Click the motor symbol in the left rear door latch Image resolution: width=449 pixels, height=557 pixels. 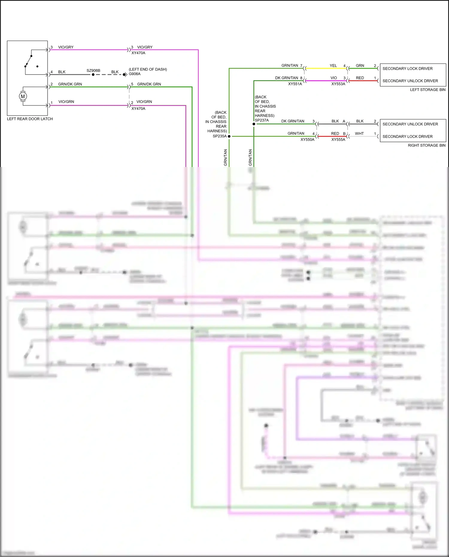point(23,96)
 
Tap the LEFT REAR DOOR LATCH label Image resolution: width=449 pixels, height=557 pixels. point(30,119)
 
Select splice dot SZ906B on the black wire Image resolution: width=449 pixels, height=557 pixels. point(93,75)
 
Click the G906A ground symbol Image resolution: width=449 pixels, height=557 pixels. point(125,75)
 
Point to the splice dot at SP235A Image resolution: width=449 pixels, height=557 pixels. point(229,136)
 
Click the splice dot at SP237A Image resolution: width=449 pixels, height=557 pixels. point(254,124)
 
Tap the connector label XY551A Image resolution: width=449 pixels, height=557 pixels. point(295,84)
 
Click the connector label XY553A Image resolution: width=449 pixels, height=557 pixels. point(338,84)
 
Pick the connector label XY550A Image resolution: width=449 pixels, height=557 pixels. point(307,139)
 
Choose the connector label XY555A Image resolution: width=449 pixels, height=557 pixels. point(338,139)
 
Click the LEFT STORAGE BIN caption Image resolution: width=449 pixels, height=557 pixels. point(427,90)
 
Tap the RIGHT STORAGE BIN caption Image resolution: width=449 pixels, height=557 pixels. point(427,145)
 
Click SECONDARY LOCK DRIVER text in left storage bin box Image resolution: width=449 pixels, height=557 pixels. point(407,69)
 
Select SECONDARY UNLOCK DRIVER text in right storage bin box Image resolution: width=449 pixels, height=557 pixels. point(410,124)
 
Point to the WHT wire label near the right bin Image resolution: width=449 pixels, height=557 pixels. point(359,133)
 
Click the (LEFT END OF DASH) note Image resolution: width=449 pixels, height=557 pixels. point(148,69)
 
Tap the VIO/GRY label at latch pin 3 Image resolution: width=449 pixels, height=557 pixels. point(66,47)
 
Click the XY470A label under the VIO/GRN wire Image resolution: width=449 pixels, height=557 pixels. point(138,109)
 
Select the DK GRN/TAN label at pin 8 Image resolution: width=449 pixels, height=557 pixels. point(286,78)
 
